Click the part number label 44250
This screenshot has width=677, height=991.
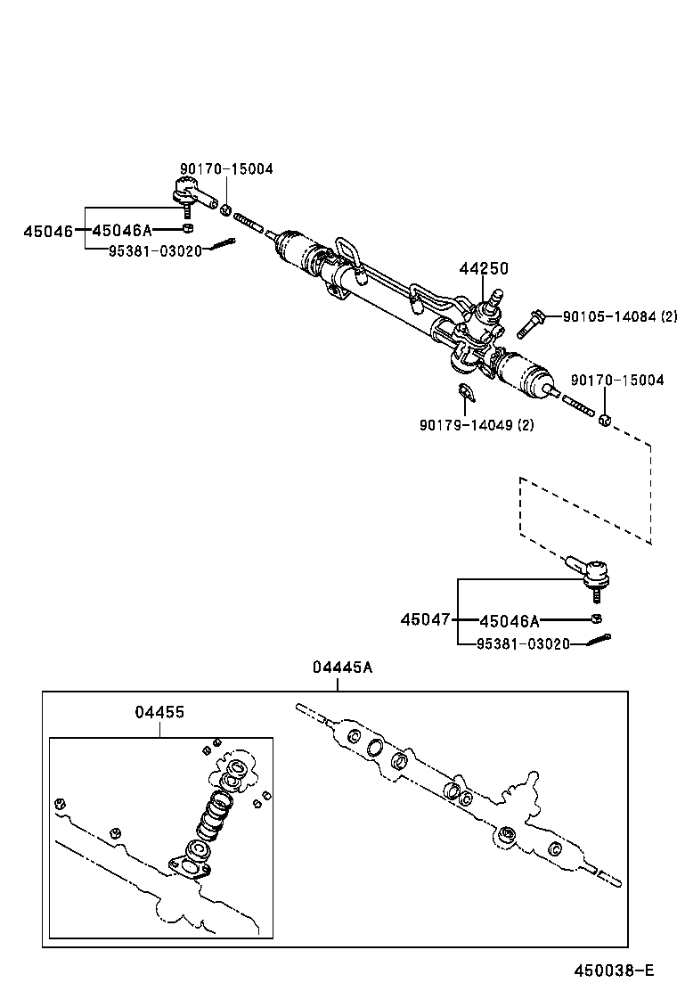coord(483,268)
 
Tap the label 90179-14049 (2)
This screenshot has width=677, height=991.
coord(477,425)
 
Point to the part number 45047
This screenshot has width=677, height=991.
coord(425,619)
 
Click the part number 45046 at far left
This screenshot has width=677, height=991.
coord(48,231)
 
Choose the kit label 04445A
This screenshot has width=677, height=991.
coord(337,667)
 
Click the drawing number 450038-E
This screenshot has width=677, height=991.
coord(614,971)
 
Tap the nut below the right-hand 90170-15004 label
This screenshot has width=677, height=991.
coord(604,420)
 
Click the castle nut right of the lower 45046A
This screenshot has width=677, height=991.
coord(596,618)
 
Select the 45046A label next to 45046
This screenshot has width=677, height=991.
coord(122,231)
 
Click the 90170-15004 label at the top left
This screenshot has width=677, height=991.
coord(226,169)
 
